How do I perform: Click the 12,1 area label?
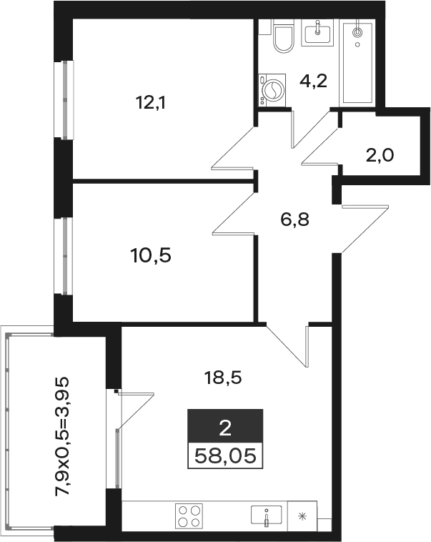click(151, 103)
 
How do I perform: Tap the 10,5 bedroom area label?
click(151, 256)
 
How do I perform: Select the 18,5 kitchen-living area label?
click(223, 378)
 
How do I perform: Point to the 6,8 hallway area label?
click(294, 220)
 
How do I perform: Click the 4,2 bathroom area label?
click(313, 82)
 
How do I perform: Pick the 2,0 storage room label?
click(380, 156)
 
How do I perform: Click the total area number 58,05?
click(225, 456)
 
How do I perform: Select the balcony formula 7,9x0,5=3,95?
click(63, 436)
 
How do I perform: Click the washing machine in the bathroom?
click(272, 90)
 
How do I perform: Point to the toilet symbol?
click(284, 36)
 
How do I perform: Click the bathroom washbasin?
click(317, 32)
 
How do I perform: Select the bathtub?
click(357, 63)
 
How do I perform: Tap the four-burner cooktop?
click(189, 516)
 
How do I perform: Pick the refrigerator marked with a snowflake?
click(302, 516)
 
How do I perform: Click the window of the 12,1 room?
click(64, 100)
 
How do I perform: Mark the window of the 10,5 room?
click(64, 256)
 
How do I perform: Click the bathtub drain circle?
click(357, 32)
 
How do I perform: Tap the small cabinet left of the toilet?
click(265, 26)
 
